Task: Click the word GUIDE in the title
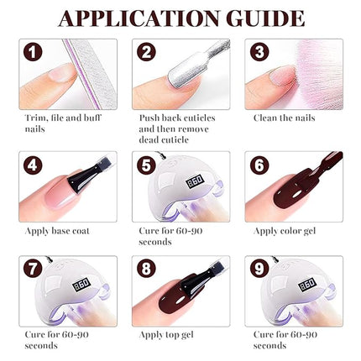click(x=264, y=18)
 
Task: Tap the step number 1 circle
click(x=33, y=53)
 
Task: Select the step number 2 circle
click(x=146, y=53)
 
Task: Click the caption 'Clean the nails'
click(x=284, y=118)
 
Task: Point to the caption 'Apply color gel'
click(x=285, y=229)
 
